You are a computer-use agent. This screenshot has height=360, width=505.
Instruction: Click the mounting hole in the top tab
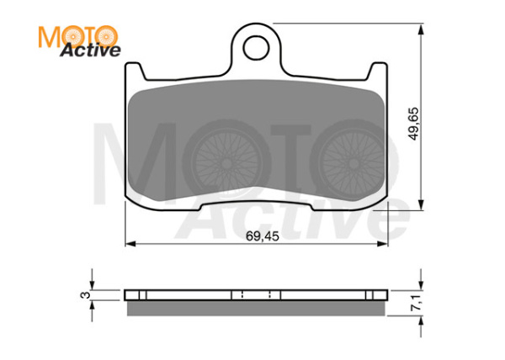(256, 48)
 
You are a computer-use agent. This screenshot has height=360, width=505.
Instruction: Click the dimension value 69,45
(263, 236)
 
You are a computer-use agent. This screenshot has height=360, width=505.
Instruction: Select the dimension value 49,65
(413, 124)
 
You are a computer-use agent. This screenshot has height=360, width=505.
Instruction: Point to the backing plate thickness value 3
(86, 294)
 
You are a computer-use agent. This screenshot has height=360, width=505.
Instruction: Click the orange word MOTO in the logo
(78, 37)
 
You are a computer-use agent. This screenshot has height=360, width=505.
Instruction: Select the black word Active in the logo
(91, 50)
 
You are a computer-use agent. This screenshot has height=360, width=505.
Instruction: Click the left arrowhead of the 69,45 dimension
(130, 244)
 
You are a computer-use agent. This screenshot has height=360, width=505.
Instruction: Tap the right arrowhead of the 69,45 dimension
(383, 244)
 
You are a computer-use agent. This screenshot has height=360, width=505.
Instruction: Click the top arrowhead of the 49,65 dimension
(421, 29)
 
